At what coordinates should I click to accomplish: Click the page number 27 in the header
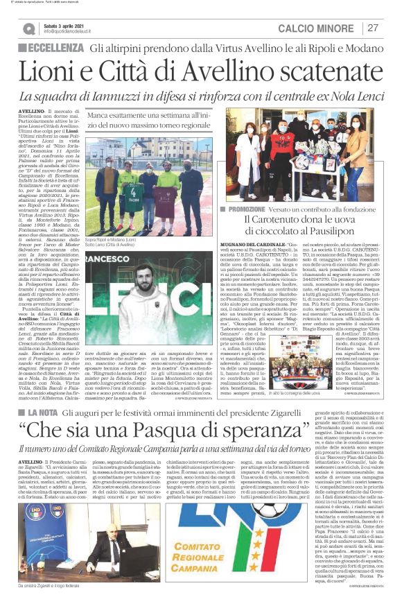tap(374, 28)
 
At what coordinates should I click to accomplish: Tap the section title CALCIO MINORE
tap(317, 28)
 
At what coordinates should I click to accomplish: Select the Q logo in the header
tap(29, 28)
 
